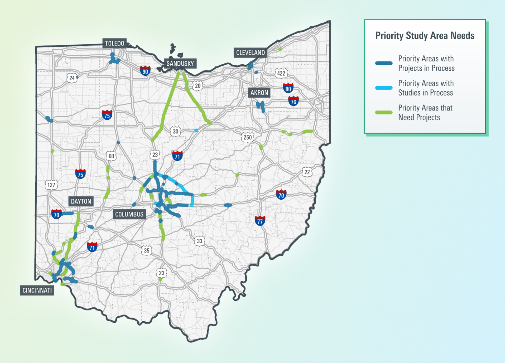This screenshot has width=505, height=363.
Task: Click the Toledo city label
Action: click(114, 43)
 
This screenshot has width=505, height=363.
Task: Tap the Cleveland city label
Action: click(250, 53)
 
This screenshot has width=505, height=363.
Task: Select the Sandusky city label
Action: click(180, 63)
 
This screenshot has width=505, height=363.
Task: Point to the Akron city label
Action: click(259, 93)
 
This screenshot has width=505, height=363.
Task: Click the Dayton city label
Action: click(81, 201)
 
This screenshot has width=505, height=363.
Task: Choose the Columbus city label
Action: click(129, 214)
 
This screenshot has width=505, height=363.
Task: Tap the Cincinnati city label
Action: click(37, 290)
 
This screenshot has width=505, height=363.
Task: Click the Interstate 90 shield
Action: click(145, 71)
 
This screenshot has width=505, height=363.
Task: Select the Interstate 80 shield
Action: click(288, 88)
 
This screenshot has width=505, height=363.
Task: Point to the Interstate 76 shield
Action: click(293, 101)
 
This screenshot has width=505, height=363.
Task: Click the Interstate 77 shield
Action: click(260, 221)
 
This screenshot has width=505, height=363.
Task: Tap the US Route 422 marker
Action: click(281, 73)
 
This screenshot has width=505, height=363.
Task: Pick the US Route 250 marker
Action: click(247, 137)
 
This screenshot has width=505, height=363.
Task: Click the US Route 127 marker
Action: click(51, 185)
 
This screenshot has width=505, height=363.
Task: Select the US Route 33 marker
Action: click(199, 241)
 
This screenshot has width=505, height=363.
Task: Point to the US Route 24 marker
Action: click(72, 78)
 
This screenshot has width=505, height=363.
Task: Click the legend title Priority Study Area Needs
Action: click(425, 36)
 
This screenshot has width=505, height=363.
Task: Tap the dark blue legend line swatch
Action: click(384, 63)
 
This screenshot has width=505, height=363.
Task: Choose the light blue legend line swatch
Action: click(384, 88)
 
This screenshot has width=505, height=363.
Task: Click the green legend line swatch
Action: click(384, 112)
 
